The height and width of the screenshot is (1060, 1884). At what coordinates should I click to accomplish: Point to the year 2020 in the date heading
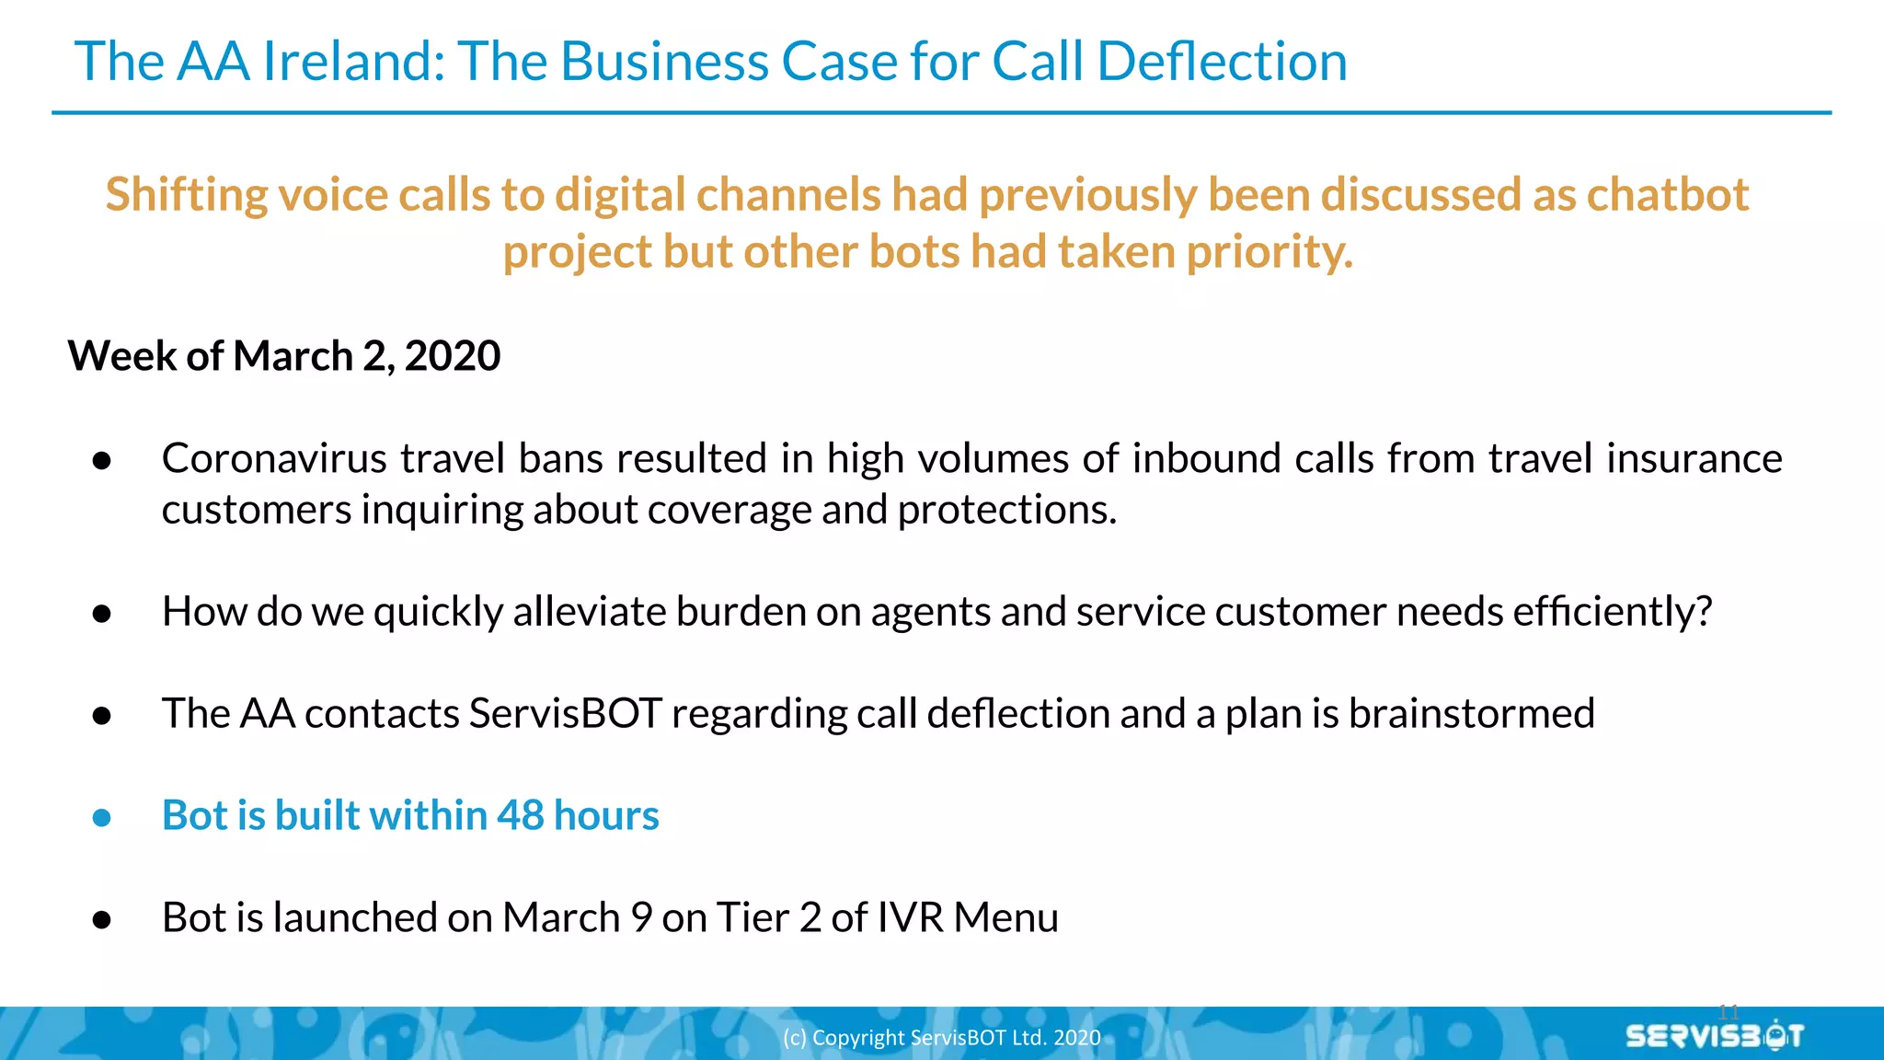tap(453, 356)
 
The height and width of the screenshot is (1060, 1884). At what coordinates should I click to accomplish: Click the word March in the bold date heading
tap(293, 356)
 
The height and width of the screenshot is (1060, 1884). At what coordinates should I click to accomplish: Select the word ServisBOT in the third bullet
tap(565, 714)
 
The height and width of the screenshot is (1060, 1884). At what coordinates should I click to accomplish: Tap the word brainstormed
tap(1471, 714)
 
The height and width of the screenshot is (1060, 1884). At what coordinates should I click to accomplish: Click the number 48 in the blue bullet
tap(521, 816)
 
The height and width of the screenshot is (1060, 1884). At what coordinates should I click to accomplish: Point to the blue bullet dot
tap(102, 818)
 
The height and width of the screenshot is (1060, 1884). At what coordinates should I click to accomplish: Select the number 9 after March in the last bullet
tap(641, 918)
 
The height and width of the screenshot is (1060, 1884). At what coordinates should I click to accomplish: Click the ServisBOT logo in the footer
tap(1714, 1036)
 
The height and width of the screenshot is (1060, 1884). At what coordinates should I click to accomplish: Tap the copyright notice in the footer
tap(941, 1038)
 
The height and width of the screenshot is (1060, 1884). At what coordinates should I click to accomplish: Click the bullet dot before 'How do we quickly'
tap(102, 614)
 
